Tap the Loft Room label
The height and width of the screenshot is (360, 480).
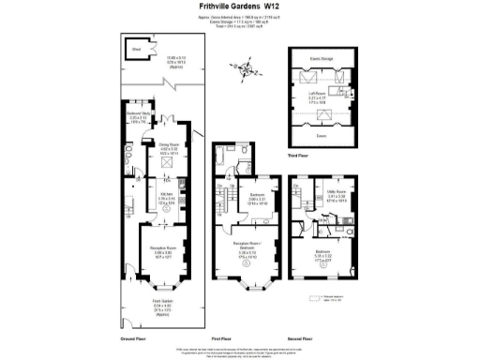pos(322,93)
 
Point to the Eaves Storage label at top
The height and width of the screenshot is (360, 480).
pos(322,59)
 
